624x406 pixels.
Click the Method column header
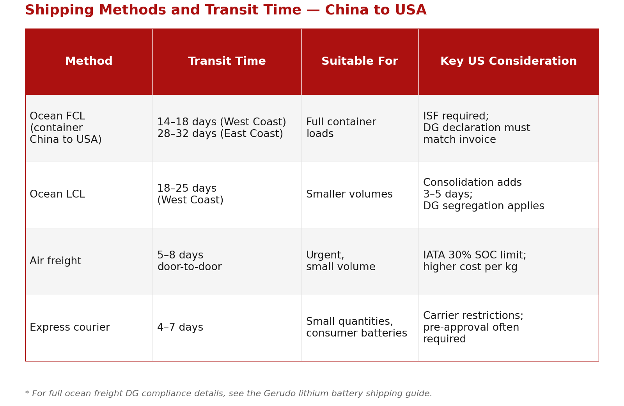point(89,62)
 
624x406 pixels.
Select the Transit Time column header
point(227,62)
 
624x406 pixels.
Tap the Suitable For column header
point(360,62)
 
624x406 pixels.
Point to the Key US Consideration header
point(509,62)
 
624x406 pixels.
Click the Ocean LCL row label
point(57,195)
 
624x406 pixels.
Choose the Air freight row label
point(56,262)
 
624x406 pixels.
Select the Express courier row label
point(70,328)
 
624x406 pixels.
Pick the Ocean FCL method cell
point(66,128)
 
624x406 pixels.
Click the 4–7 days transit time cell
point(180,328)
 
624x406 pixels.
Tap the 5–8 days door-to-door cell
point(190,262)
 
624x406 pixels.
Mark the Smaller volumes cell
point(349,195)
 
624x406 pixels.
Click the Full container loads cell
point(341,128)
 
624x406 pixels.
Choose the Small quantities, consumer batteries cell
point(356,328)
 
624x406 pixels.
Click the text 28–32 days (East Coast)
point(220,134)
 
